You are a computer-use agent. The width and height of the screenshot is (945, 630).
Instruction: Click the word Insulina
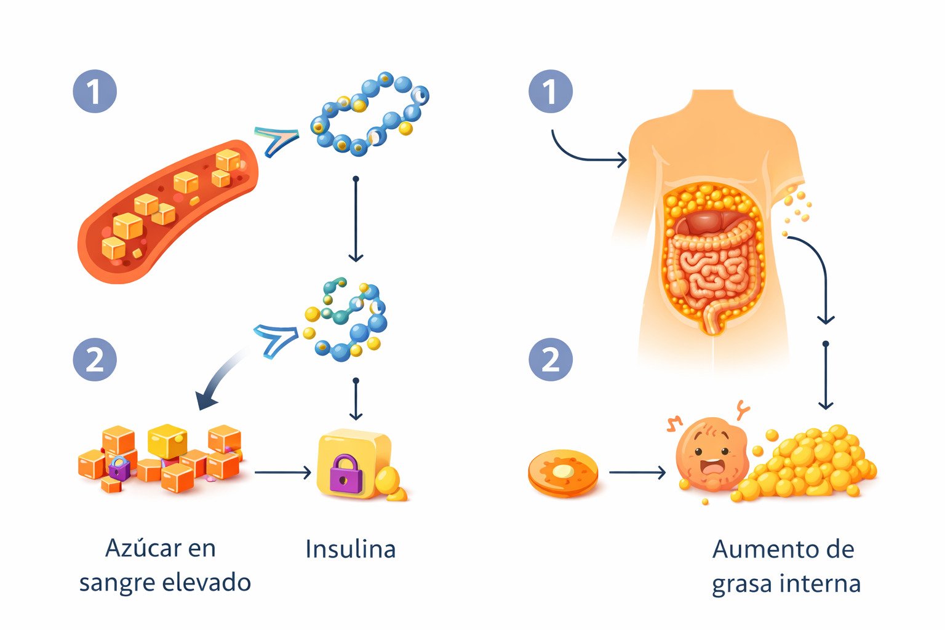point(350,549)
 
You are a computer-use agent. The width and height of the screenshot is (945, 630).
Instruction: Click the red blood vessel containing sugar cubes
point(166,209)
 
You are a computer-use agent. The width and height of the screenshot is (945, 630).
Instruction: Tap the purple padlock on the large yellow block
point(346,472)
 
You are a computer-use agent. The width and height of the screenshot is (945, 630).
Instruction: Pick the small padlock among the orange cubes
point(119,468)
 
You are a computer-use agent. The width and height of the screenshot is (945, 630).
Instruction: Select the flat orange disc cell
point(563,472)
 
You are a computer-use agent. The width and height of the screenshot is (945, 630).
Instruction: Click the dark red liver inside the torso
point(708,221)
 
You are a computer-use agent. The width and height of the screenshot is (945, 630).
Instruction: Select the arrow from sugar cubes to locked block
point(283,472)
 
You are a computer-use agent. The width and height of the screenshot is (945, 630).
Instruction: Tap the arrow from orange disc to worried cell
point(637,472)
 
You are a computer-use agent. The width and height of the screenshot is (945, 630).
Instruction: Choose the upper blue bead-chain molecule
point(369,114)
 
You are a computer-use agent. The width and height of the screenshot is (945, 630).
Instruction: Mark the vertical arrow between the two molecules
point(356,218)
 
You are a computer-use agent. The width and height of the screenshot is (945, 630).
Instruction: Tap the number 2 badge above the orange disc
point(551,359)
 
